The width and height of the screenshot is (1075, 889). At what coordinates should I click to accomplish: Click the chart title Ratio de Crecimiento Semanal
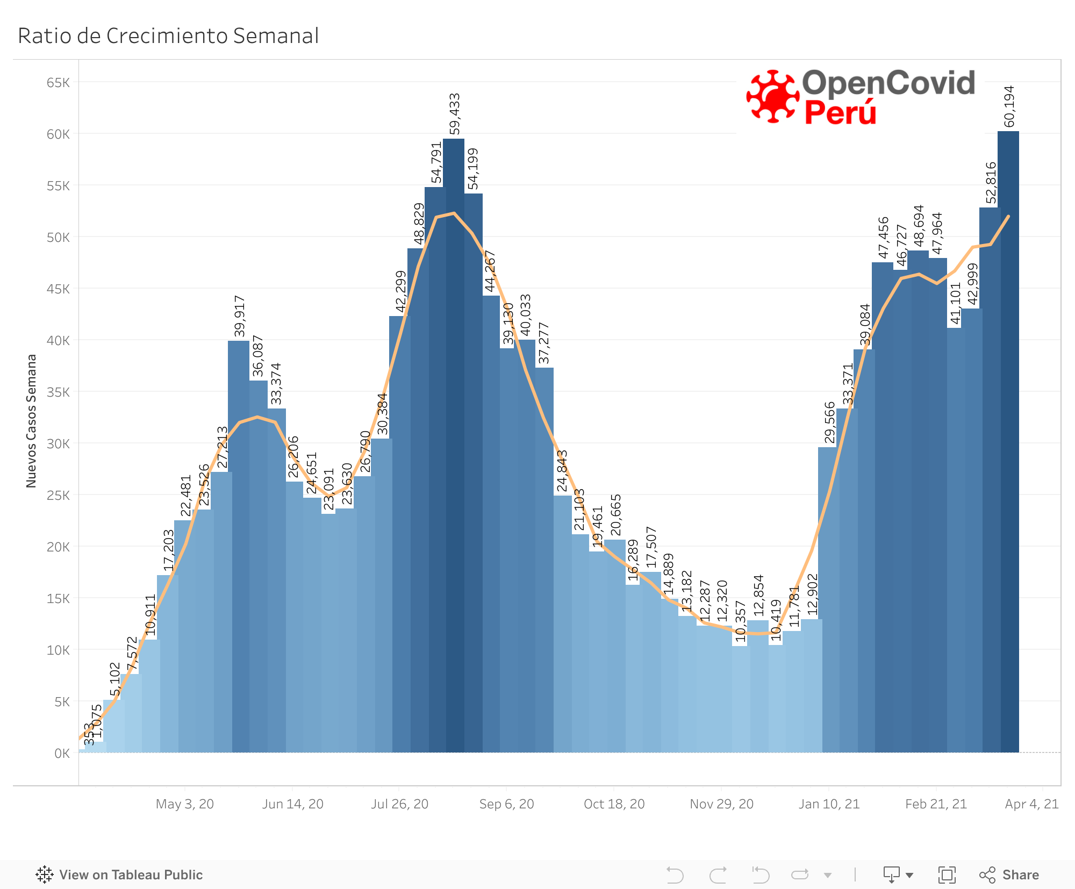(168, 36)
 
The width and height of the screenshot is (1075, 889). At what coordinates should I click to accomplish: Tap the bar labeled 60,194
(1009, 441)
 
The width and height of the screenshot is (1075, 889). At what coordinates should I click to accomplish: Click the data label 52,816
(991, 183)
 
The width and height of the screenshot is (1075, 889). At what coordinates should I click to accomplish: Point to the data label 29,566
(830, 422)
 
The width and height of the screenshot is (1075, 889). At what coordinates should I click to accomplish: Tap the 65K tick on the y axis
(58, 83)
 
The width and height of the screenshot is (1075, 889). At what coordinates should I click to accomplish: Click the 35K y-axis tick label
(58, 392)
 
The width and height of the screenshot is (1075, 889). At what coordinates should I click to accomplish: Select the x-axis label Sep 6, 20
(506, 804)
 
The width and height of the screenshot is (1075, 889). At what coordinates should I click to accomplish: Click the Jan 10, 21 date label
(829, 804)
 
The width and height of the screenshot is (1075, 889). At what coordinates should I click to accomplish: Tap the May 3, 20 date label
(184, 804)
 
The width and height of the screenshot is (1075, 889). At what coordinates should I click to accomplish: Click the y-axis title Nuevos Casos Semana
(31, 421)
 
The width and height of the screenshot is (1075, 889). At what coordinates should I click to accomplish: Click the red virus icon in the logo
(773, 97)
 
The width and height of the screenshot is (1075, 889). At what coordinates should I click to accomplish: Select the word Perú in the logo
(840, 112)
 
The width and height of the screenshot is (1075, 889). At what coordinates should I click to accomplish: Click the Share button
(1009, 874)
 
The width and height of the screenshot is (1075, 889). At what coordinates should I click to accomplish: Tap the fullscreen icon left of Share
(947, 874)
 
